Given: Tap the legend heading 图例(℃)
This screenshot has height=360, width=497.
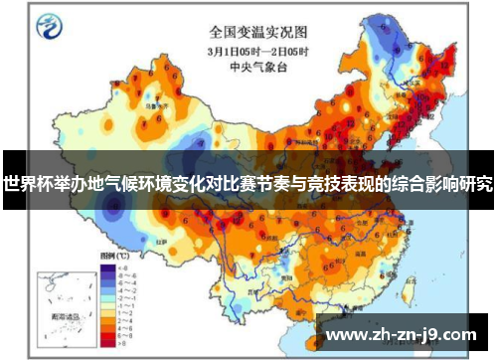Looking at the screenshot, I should click(110, 257).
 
